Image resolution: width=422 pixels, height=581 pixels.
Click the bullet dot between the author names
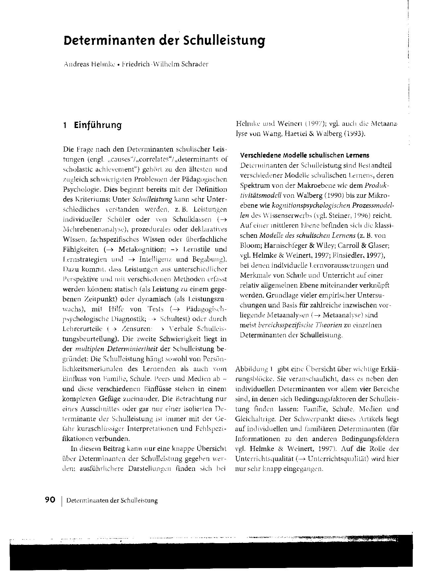point(118,65)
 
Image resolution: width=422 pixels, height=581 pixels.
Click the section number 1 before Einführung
point(66,125)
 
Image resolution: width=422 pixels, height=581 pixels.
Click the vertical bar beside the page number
point(62,500)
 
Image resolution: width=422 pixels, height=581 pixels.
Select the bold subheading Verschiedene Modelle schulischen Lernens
point(304,155)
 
